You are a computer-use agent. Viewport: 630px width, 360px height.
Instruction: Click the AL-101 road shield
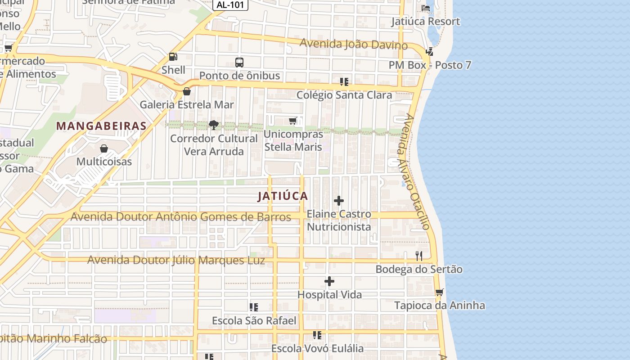[x=230, y=4]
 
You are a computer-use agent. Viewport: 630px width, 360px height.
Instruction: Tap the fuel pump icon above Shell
[x=173, y=57]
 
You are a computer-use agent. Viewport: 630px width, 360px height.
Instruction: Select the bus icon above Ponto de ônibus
[x=239, y=63]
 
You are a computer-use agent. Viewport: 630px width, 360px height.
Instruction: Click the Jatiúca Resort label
[x=425, y=22]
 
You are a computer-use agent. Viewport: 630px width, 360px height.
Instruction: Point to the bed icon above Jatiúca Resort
[x=425, y=8]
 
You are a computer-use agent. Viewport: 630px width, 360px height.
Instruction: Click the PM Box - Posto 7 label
[x=430, y=65]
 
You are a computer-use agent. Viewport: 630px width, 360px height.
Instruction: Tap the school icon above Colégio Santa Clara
[x=344, y=82]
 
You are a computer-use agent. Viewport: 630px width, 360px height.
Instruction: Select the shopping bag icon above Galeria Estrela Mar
[x=187, y=91]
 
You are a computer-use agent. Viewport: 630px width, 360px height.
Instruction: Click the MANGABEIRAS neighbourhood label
[x=101, y=126]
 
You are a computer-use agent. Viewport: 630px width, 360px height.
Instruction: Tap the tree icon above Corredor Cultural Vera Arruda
[x=214, y=125]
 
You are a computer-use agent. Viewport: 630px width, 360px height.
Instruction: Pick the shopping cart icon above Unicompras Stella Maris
[x=293, y=121]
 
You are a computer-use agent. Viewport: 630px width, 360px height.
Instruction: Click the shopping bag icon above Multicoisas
[x=104, y=148]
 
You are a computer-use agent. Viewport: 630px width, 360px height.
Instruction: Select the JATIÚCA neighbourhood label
[x=283, y=196]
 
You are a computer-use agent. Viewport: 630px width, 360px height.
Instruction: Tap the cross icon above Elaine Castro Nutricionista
[x=339, y=201]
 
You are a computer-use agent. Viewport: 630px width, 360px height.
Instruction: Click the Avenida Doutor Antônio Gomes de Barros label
[x=181, y=217]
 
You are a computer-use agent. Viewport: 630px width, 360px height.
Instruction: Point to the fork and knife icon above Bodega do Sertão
[x=419, y=256]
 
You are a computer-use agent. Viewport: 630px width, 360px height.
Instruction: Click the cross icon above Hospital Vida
[x=329, y=281]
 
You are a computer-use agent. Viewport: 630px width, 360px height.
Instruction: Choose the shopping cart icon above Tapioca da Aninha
[x=440, y=292]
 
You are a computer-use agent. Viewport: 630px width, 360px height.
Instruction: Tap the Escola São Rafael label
[x=254, y=321]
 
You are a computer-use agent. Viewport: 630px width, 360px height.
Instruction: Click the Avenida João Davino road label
[x=353, y=44]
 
